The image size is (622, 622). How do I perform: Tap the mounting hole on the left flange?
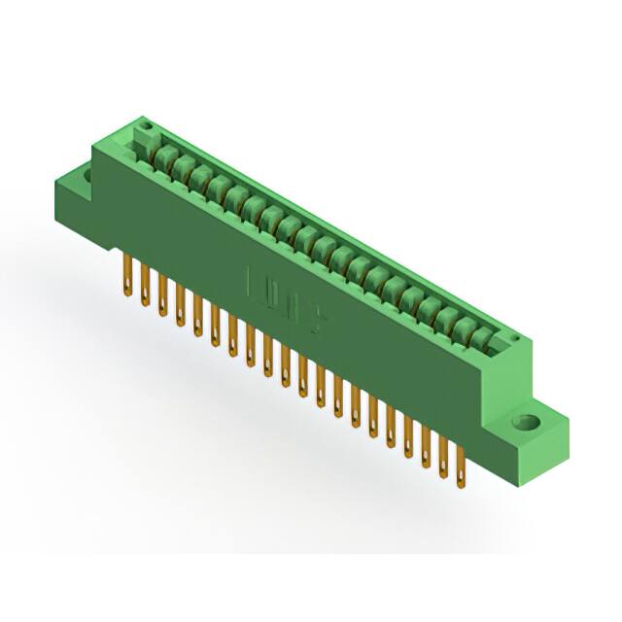pyautogui.click(x=86, y=176)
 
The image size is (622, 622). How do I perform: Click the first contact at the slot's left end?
pyautogui.click(x=162, y=156)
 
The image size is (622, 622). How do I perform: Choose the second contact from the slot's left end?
pyautogui.click(x=180, y=166)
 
